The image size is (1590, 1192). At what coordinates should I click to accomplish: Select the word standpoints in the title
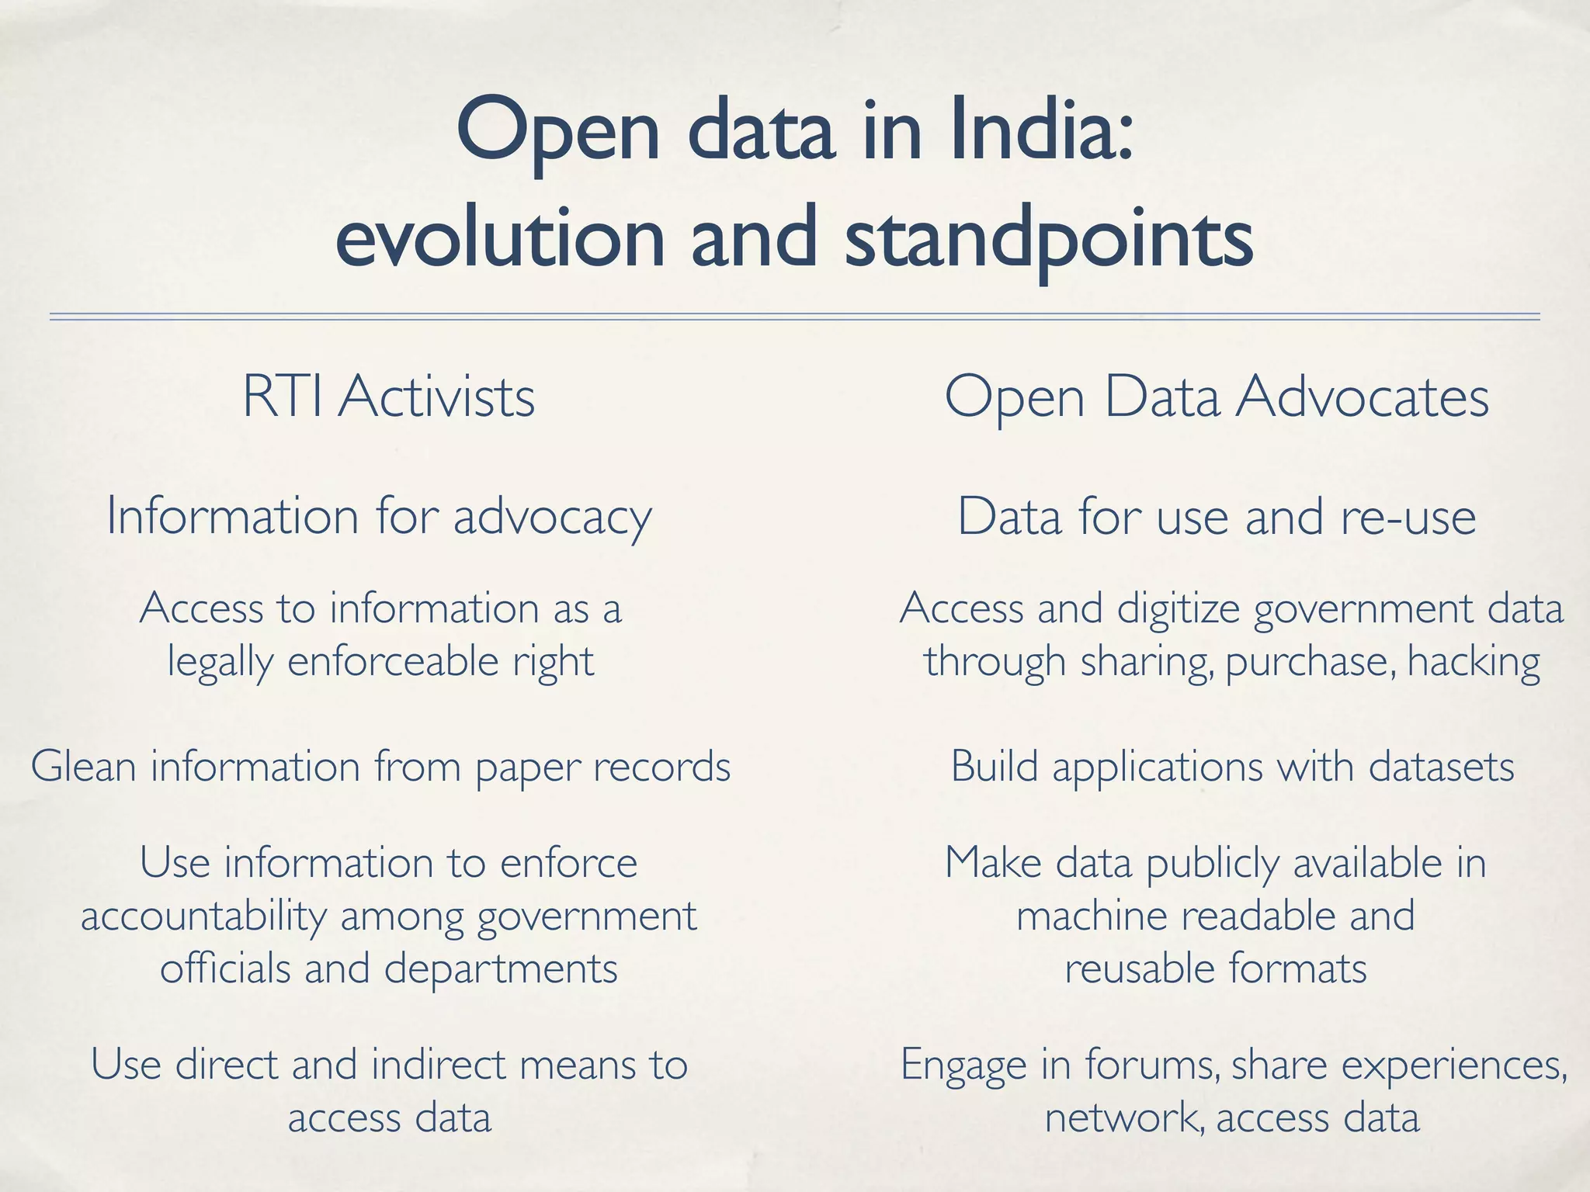[1048, 237]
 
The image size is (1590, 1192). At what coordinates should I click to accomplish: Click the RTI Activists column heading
[388, 397]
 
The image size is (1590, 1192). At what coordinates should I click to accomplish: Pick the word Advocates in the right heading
[1363, 397]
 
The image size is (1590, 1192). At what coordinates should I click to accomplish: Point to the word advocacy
[552, 518]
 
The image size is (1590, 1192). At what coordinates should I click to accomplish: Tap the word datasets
[1441, 767]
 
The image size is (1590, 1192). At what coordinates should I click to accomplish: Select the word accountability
[203, 917]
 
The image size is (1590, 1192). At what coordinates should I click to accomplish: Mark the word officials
[225, 968]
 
